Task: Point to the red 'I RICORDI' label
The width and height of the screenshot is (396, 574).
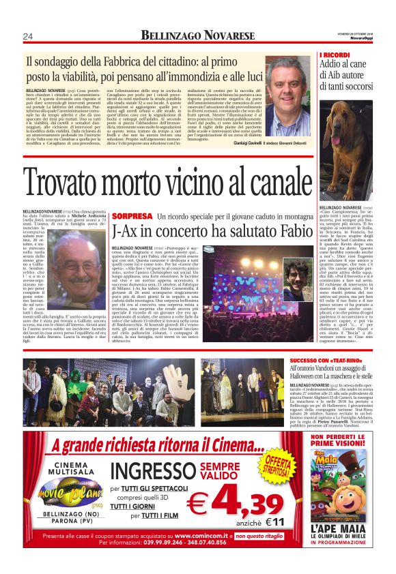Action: pyautogui.click(x=335, y=55)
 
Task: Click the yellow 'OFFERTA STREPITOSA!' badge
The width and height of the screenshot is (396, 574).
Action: pyautogui.click(x=277, y=466)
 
